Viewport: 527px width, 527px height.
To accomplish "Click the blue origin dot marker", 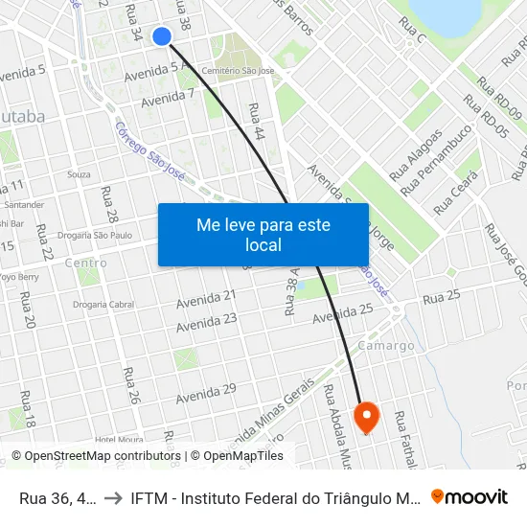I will click(162, 36).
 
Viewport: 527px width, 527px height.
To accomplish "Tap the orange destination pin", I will click(367, 416).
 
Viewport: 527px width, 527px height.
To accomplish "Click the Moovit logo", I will click(470, 496).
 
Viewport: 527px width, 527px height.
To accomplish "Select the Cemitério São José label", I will click(239, 71).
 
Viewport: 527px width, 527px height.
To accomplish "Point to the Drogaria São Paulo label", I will click(94, 235).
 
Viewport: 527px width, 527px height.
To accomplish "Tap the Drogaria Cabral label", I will click(103, 305).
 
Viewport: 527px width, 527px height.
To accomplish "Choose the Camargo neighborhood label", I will click(385, 345).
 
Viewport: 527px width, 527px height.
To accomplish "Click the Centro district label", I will click(85, 263).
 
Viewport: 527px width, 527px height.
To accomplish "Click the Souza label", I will click(79, 174).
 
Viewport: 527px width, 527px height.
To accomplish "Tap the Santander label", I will click(25, 204).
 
